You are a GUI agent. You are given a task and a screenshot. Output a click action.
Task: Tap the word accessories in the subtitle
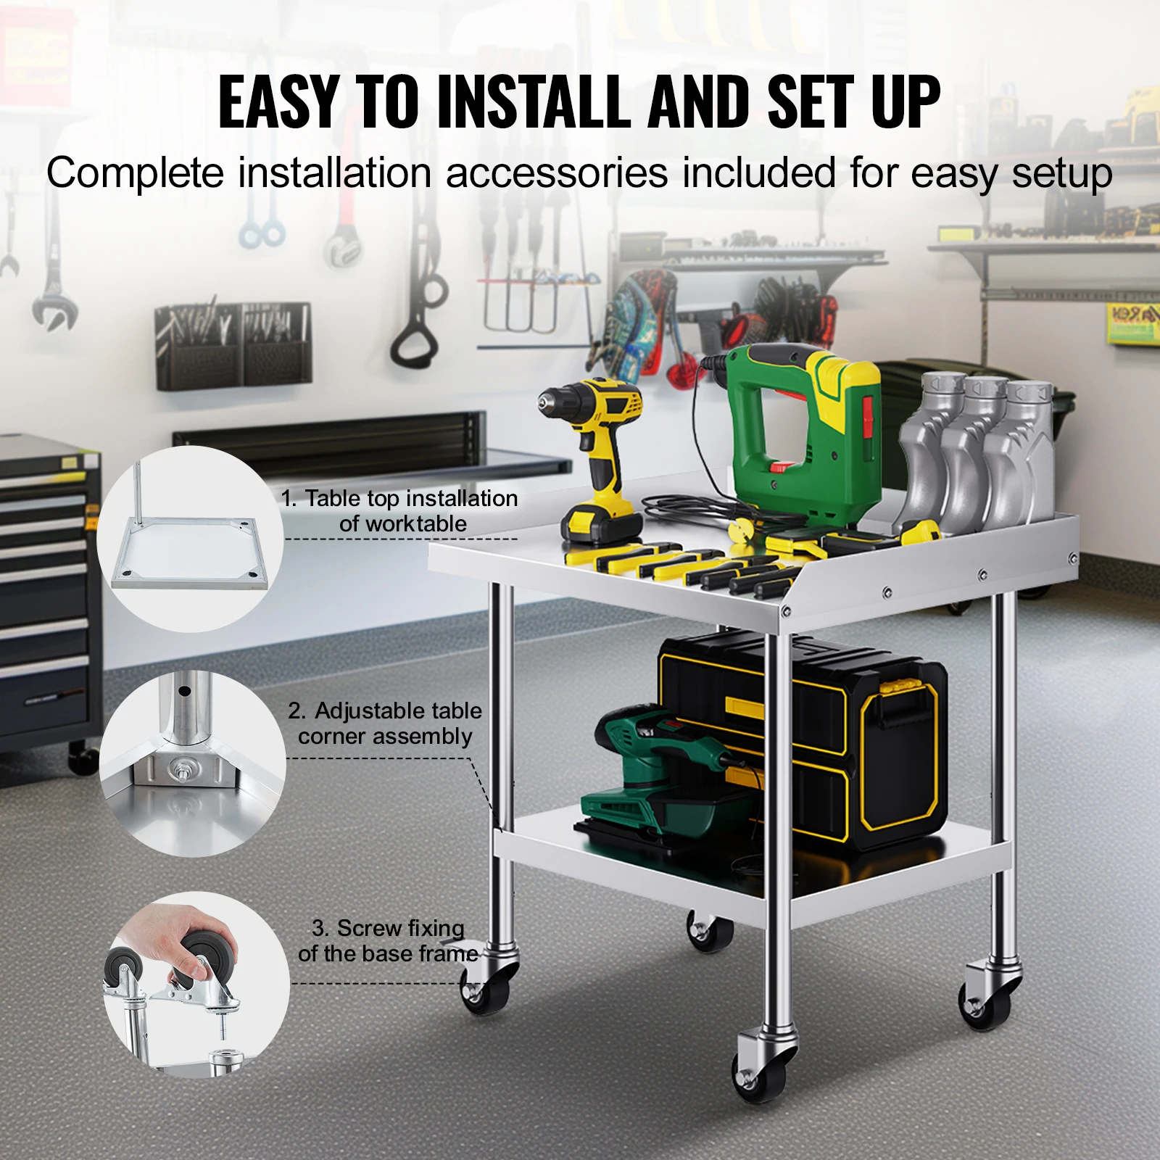click(x=557, y=174)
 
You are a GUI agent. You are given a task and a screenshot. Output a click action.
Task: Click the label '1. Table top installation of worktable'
click(x=400, y=510)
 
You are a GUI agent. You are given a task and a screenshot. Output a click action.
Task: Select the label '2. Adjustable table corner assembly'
click(x=385, y=723)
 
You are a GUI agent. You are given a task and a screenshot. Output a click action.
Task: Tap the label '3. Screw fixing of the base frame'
click(x=388, y=940)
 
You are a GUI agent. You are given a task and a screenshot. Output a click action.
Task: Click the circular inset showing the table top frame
click(x=190, y=539)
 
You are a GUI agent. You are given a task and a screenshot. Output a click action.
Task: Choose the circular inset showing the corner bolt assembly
click(x=192, y=763)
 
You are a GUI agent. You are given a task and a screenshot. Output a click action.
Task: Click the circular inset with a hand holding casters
click(x=196, y=984)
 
